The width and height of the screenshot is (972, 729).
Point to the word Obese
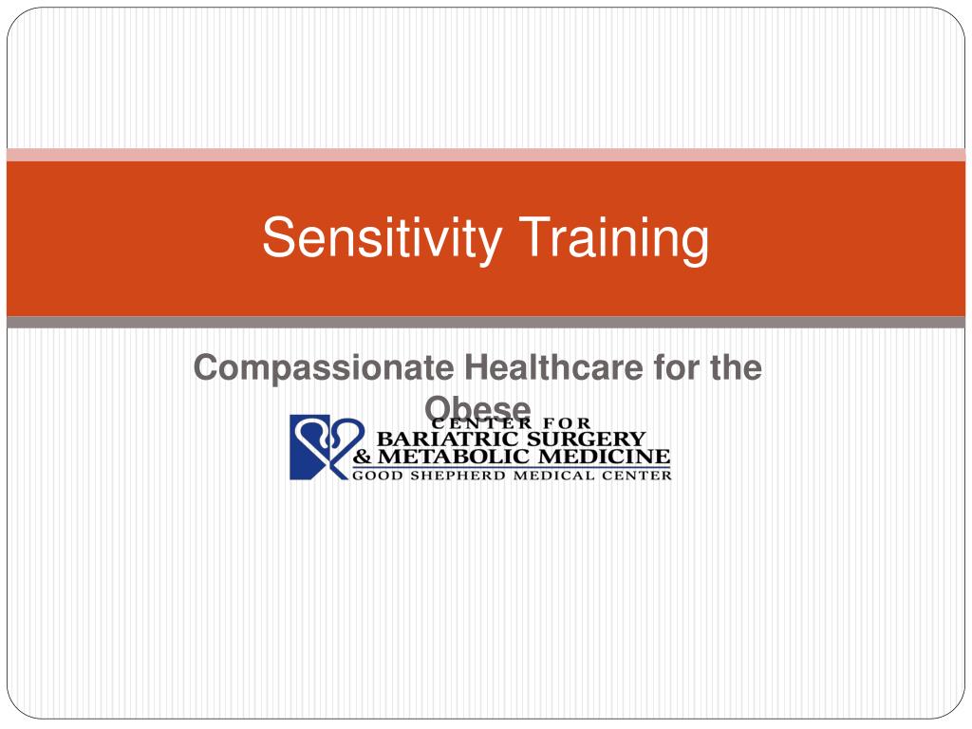[477, 406]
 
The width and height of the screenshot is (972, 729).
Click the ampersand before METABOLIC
[363, 458]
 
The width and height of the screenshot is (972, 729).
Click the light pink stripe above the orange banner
[486, 155]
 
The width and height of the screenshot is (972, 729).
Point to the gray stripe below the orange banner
[486, 323]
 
